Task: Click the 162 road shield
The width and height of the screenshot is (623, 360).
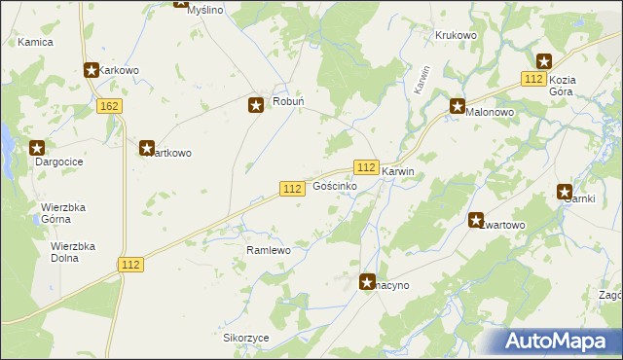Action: (109, 104)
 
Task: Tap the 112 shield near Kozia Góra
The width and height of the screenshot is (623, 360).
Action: (532, 78)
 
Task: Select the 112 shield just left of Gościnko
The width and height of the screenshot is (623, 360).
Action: (291, 187)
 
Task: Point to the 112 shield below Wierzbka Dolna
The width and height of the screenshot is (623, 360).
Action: (132, 265)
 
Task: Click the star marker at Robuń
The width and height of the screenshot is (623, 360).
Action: (257, 105)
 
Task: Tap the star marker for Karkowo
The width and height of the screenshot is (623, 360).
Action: (92, 70)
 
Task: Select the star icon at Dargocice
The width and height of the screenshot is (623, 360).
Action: (37, 148)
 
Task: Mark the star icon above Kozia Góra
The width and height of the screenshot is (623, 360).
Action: (543, 60)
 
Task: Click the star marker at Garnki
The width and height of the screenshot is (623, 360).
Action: (565, 192)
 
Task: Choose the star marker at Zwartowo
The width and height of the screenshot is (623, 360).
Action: (476, 220)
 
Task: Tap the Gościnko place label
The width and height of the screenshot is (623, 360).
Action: (334, 186)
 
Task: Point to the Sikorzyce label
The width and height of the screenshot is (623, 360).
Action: (245, 338)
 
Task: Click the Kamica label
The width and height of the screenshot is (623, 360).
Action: (35, 43)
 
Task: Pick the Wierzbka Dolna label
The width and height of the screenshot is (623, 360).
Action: (73, 253)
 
